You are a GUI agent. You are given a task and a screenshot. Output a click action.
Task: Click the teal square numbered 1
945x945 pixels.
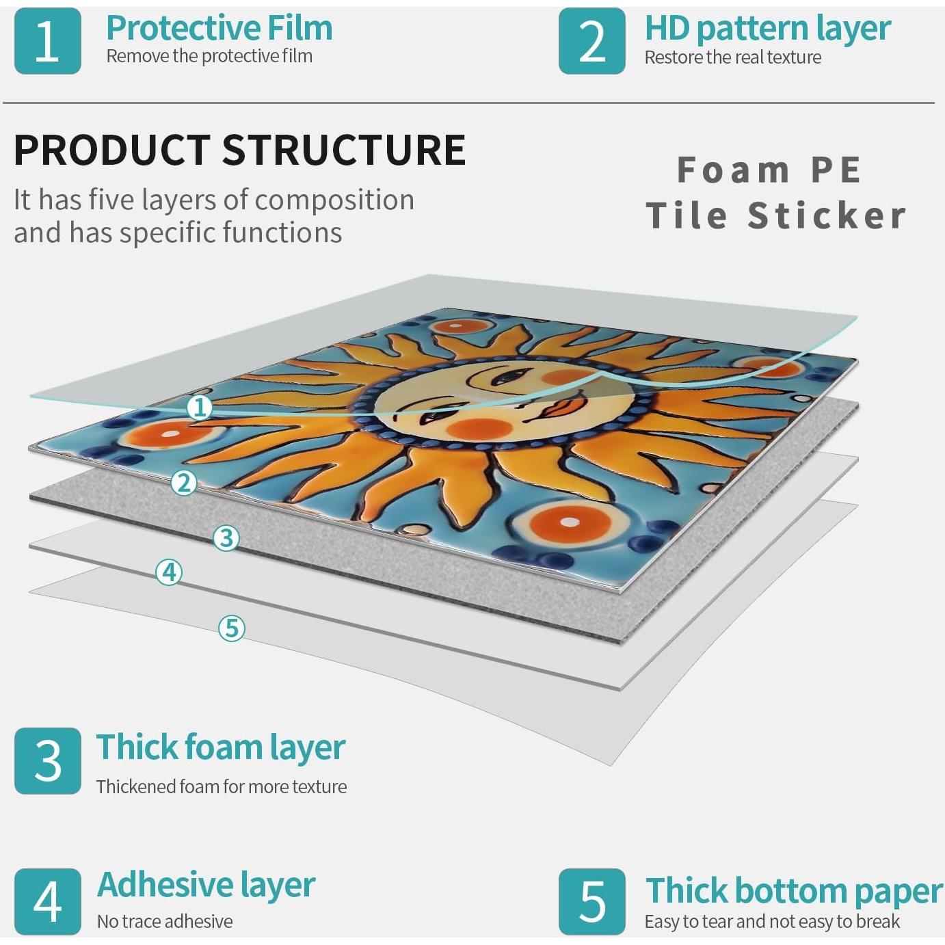point(48,41)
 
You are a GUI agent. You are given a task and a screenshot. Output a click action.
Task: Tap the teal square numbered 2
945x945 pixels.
point(592,41)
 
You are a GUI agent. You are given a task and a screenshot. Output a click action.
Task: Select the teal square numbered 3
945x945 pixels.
point(48,761)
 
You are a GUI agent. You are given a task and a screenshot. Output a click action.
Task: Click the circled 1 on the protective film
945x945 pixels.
point(200,408)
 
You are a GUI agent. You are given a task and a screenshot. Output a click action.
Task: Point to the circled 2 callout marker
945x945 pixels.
point(184,483)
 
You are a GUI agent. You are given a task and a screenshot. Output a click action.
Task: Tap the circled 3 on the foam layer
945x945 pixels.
point(226,538)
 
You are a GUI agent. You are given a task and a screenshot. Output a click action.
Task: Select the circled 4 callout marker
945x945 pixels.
point(169,572)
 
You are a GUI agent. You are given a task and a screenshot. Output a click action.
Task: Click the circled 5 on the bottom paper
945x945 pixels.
point(232,628)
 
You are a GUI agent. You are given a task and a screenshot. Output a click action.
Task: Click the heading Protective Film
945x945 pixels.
point(219,28)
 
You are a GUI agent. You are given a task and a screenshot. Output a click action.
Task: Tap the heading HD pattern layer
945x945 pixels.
point(767,29)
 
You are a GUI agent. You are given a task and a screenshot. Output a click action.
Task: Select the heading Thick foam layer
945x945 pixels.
point(221,748)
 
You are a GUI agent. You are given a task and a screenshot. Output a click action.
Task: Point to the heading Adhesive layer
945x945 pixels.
point(206,886)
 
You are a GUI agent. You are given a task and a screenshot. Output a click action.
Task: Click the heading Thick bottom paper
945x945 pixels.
point(794,890)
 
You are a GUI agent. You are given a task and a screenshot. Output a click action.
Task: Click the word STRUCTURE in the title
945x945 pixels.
point(344,150)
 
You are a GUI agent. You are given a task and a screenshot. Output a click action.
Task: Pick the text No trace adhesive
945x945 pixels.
point(165,922)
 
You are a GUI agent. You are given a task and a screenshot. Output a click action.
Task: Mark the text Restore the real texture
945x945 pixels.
point(732,57)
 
